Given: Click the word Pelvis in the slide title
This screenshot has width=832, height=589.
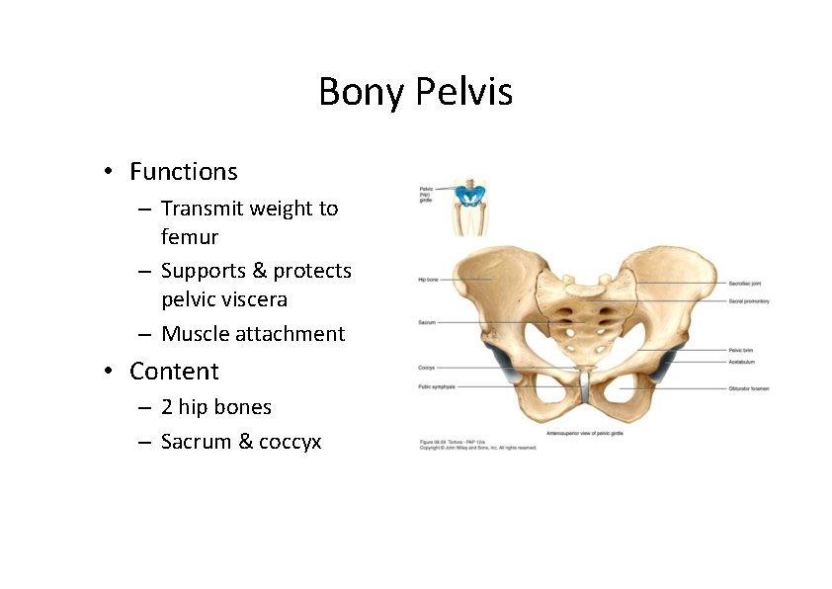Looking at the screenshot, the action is point(463,93).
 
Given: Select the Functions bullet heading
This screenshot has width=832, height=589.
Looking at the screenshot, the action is point(183,172).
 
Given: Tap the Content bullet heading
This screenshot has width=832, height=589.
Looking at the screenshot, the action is point(174,372).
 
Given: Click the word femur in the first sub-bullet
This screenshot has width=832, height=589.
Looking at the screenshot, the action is point(190,237).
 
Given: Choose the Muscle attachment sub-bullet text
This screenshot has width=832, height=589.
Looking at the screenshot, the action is point(253,334).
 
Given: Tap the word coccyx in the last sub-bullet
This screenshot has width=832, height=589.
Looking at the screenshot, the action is point(290,442).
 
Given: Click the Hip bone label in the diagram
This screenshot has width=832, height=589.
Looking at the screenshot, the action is point(428,280).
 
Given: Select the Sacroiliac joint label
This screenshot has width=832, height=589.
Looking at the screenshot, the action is point(747,284).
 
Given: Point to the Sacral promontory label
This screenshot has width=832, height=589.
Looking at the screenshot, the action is point(749,300).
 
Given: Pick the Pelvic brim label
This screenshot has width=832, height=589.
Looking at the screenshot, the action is point(741,350).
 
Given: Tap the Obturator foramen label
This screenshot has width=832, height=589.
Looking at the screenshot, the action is point(748,388).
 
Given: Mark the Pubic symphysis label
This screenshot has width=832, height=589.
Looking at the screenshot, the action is point(437,387).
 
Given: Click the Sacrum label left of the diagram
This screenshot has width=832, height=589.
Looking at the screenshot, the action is point(427,322).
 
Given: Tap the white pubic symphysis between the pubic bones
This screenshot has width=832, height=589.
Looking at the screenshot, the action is point(584,385).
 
